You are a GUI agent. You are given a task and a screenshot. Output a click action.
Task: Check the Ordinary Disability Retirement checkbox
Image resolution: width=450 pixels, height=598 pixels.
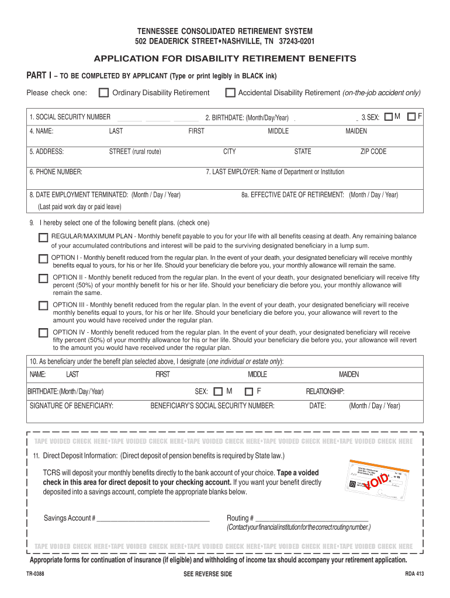103,93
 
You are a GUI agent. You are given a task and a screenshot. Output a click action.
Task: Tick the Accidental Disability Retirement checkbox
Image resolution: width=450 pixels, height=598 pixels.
230,93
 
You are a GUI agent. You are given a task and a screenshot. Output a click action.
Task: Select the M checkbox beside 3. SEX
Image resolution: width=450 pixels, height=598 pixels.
389,117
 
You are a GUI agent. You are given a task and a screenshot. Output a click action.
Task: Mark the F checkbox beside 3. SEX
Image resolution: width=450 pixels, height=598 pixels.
411,117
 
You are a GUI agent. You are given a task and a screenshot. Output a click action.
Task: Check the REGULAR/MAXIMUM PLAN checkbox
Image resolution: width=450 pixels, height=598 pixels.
43,238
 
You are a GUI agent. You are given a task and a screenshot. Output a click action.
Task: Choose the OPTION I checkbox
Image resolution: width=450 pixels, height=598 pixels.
43,259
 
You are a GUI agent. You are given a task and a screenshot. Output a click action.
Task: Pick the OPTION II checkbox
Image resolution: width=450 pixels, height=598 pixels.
43,279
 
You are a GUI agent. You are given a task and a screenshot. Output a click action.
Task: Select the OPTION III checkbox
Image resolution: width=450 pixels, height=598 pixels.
43,305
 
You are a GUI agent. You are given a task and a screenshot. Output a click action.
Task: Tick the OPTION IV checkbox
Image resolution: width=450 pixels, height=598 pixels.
43,333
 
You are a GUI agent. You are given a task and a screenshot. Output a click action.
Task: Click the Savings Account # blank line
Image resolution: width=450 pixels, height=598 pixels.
153,518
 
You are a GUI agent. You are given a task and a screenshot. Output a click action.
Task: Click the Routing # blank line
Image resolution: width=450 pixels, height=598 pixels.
312,518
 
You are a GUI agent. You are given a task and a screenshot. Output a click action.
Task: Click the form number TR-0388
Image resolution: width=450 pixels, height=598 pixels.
35,574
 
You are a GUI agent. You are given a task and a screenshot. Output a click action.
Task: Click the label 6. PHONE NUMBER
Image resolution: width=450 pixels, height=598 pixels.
56,172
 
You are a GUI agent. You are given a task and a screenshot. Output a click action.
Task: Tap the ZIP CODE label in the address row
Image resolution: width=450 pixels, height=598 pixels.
373,152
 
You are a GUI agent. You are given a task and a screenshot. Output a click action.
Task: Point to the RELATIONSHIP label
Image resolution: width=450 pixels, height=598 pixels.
325,391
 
